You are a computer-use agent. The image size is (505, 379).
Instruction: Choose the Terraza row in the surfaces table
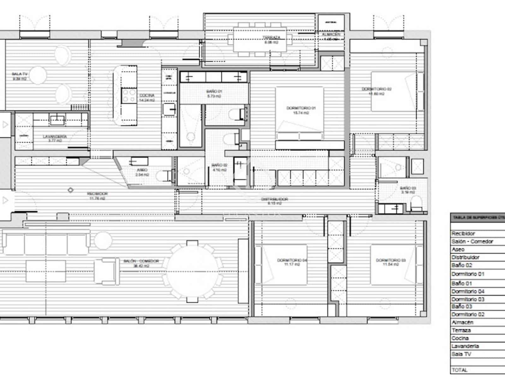[x=461, y=330]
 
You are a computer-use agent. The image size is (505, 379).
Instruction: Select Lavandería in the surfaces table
[x=465, y=346]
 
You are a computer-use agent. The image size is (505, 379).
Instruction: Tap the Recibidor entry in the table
[x=463, y=234]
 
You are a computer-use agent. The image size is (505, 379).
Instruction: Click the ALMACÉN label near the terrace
[x=331, y=34]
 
